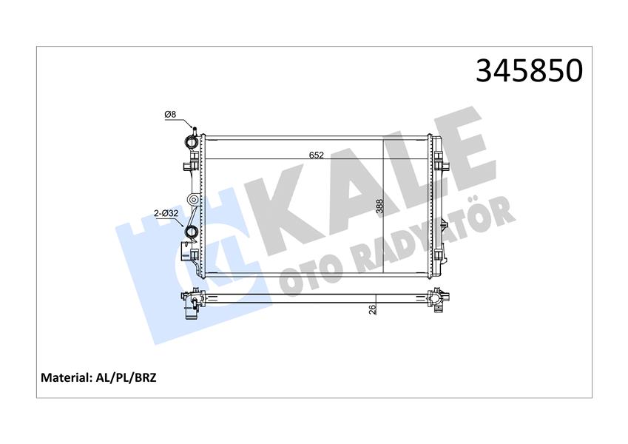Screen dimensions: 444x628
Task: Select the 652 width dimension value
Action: point(317,155)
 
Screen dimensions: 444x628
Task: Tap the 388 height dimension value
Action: point(379,206)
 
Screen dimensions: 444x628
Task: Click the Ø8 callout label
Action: point(169,114)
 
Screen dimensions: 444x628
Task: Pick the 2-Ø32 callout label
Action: point(165,215)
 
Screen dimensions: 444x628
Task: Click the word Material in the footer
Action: point(67,377)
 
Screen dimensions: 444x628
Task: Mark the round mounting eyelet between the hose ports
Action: point(192,200)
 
